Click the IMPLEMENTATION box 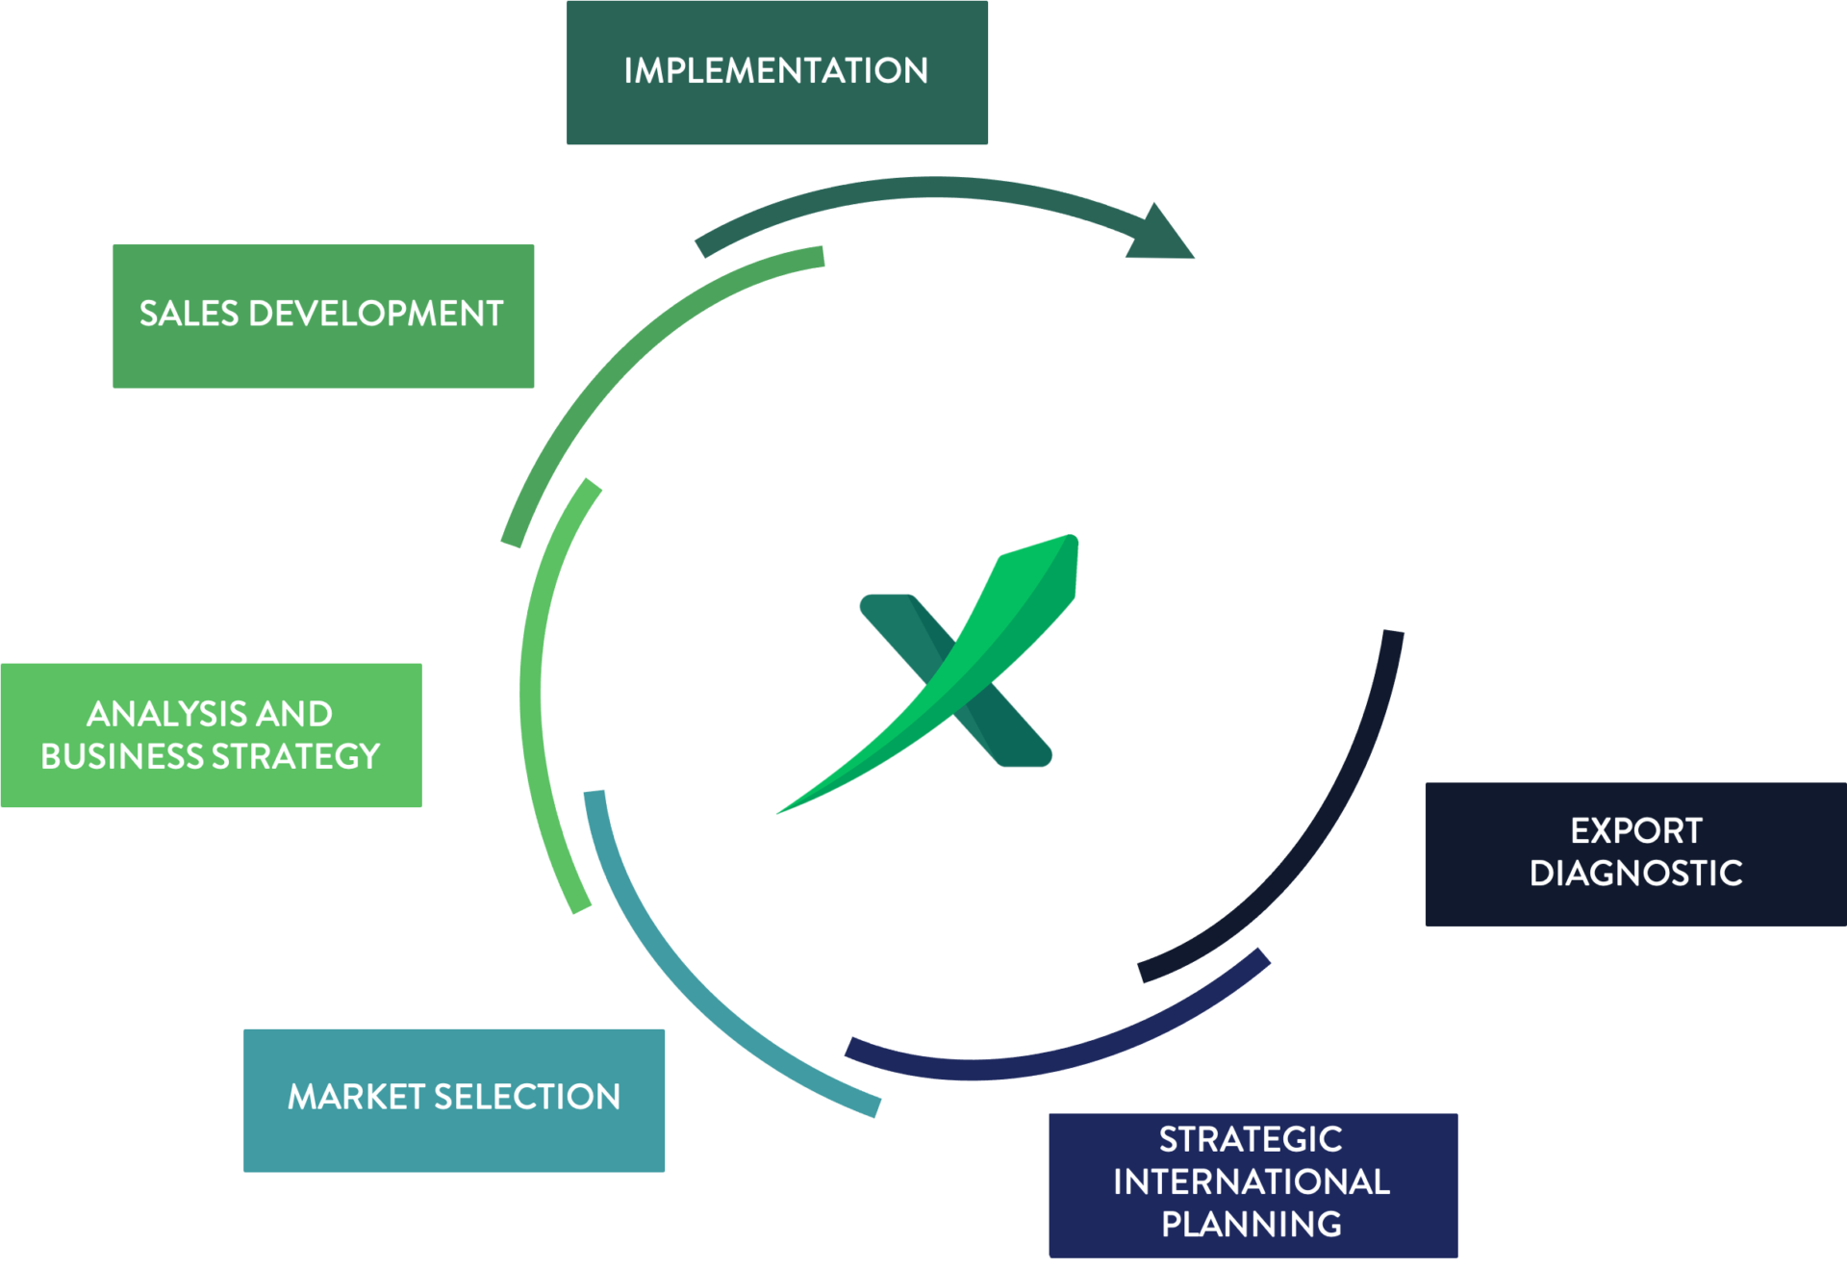[x=777, y=72]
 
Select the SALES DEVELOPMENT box [x=323, y=316]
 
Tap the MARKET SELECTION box [x=454, y=1100]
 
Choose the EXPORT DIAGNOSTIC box [x=1635, y=854]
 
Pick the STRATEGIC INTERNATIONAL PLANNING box [x=1252, y=1184]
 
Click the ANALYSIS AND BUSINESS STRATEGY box [x=211, y=735]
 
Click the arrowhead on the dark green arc [x=1161, y=236]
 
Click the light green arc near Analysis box [x=534, y=693]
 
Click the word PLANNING [x=1251, y=1224]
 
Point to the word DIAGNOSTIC [x=1635, y=874]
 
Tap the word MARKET [x=356, y=1097]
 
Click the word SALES [x=189, y=314]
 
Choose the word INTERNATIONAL [x=1251, y=1181]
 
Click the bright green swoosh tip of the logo [x=1053, y=558]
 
